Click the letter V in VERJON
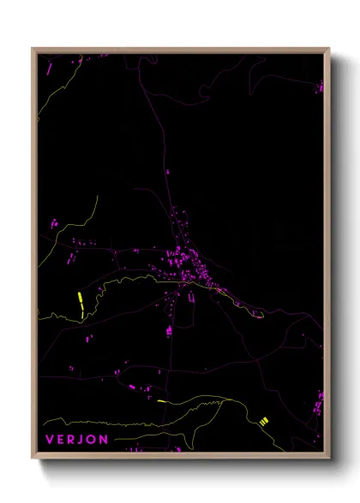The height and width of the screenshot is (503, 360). (x=49, y=440)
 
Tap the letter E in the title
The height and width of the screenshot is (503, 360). (x=61, y=440)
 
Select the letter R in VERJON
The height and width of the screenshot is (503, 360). (x=73, y=440)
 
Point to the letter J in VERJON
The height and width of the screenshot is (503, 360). (x=83, y=440)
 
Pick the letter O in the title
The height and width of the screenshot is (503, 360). (x=93, y=440)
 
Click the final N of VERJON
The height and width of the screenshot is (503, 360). (x=105, y=440)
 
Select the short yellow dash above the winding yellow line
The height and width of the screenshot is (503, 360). (x=160, y=399)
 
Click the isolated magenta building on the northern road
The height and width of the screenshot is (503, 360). (x=167, y=172)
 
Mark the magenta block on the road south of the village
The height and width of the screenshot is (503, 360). (x=169, y=329)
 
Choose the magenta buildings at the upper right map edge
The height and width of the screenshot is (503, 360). (x=321, y=86)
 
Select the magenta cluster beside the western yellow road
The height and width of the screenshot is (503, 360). (x=53, y=224)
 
